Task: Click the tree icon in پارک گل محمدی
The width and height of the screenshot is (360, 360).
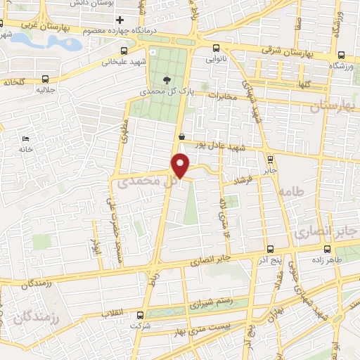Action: pyautogui.click(x=166, y=79)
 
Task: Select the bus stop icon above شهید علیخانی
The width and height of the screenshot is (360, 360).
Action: pyautogui.click(x=124, y=51)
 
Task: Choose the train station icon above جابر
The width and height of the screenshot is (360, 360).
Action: pyautogui.click(x=271, y=158)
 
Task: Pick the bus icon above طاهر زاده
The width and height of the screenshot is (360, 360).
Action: pyautogui.click(x=328, y=248)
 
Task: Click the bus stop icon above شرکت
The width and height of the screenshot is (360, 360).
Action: pyautogui.click(x=140, y=316)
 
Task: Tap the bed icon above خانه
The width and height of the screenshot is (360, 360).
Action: pyautogui.click(x=26, y=138)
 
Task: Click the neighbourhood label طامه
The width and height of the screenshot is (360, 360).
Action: pyautogui.click(x=289, y=191)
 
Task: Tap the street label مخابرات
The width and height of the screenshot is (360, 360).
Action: pyautogui.click(x=214, y=96)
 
